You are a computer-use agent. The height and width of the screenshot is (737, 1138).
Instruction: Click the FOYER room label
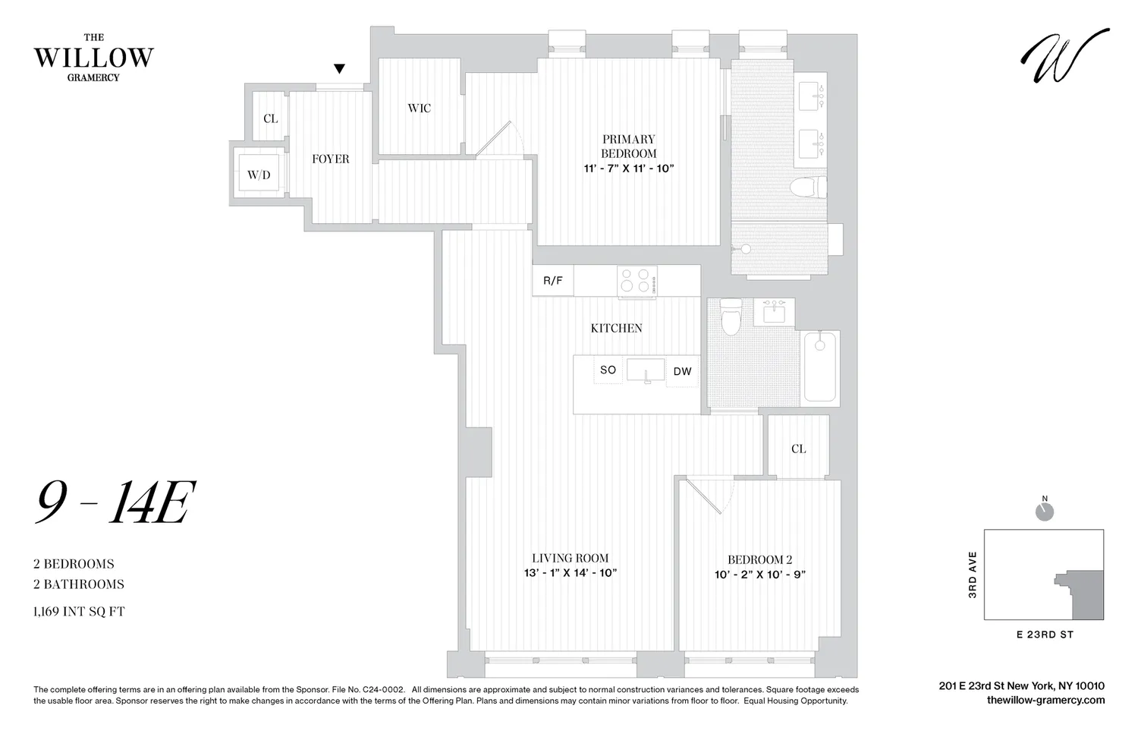(x=331, y=159)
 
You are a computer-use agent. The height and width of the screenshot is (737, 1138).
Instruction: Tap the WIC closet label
(x=419, y=108)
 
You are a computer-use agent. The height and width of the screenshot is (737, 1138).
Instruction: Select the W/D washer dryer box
(x=259, y=175)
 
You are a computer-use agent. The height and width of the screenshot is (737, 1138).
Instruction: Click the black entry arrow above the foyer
(x=340, y=69)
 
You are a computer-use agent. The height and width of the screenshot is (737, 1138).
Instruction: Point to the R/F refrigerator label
(x=553, y=281)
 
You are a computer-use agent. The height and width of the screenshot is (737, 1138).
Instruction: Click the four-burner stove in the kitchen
(x=637, y=281)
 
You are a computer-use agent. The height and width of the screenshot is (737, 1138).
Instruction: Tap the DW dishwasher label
(x=682, y=371)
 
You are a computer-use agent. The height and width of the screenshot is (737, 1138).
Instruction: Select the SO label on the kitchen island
(x=608, y=370)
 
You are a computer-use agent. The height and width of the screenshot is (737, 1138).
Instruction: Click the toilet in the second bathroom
(x=731, y=317)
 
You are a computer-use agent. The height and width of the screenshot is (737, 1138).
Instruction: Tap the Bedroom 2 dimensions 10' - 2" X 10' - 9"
(x=759, y=575)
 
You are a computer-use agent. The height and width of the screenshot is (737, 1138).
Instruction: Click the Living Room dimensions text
(x=570, y=573)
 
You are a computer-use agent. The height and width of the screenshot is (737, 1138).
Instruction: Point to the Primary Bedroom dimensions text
(x=628, y=168)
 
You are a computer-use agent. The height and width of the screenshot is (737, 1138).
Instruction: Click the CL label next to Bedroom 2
(x=798, y=449)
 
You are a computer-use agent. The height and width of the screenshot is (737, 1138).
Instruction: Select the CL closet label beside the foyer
(x=270, y=118)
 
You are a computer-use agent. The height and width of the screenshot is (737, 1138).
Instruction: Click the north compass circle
(x=1045, y=512)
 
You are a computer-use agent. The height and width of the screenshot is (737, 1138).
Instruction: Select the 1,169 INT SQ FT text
(x=79, y=611)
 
